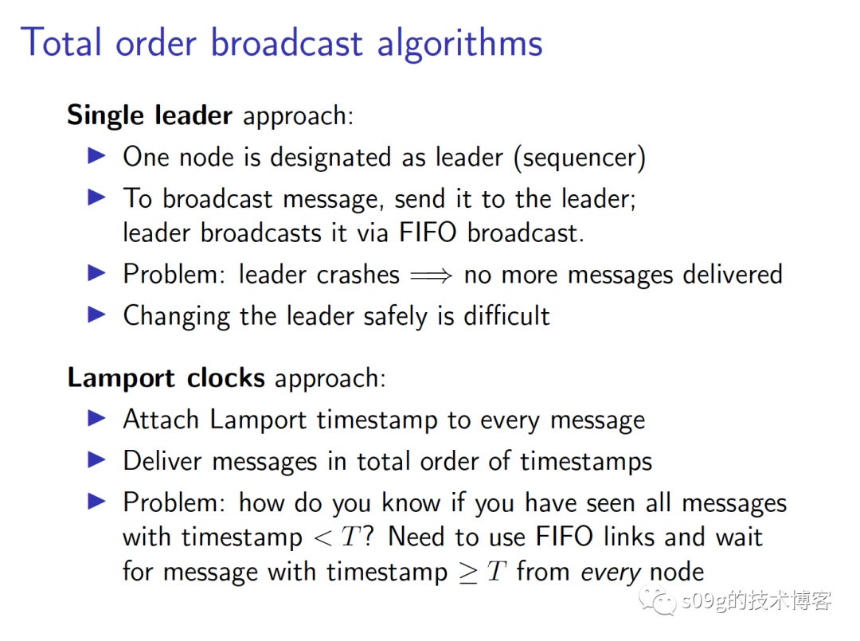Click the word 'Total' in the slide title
[61, 43]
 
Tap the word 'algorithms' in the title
[459, 44]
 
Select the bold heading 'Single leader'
[149, 115]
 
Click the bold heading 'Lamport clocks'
[166, 378]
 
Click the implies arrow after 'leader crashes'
[431, 275]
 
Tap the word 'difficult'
[506, 316]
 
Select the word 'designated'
[330, 158]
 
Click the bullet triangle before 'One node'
[96, 156]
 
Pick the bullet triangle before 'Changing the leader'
[96, 315]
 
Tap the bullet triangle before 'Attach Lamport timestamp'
[96, 418]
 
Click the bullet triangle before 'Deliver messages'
[96, 459]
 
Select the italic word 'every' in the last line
[611, 573]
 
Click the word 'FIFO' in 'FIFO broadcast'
[428, 233]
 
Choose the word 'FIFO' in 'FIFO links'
[565, 536]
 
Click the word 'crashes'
[358, 275]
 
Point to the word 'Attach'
[161, 420]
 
